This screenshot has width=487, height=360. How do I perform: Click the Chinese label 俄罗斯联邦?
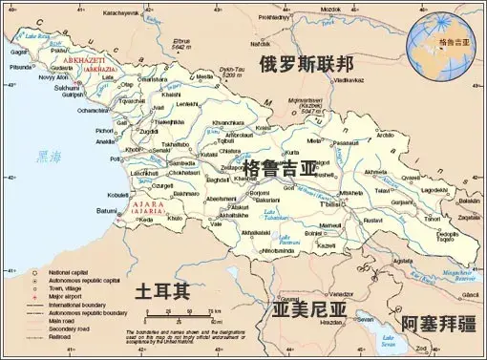tap(307, 64)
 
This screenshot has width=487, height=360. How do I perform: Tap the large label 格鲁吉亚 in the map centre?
tap(280, 169)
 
